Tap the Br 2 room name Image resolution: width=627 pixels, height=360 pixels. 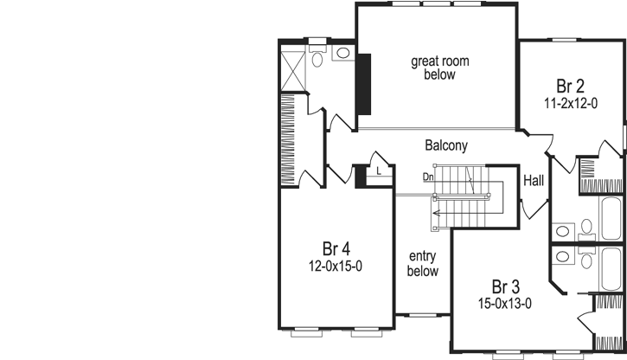571,87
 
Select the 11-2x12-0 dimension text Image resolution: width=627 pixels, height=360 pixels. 571,102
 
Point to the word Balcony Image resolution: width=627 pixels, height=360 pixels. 446,145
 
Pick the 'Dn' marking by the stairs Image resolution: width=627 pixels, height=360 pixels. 427,177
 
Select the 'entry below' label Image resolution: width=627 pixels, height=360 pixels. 423,264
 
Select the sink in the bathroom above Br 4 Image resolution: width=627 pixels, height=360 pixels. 343,54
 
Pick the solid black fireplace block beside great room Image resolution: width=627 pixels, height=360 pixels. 365,83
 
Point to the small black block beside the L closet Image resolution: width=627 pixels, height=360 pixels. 361,174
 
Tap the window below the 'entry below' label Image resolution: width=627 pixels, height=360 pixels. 423,313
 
